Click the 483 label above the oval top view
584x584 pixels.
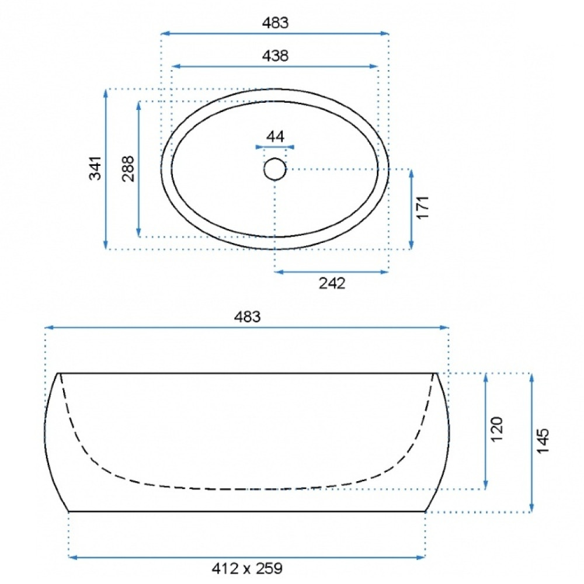275,23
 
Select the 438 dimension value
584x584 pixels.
275,55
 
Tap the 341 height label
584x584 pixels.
95,168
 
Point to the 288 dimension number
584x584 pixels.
128,168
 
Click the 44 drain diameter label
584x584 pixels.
275,137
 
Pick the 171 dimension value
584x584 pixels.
422,207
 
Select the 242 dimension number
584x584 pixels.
332,283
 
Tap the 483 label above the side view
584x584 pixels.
247,317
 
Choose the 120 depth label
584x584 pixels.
496,429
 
